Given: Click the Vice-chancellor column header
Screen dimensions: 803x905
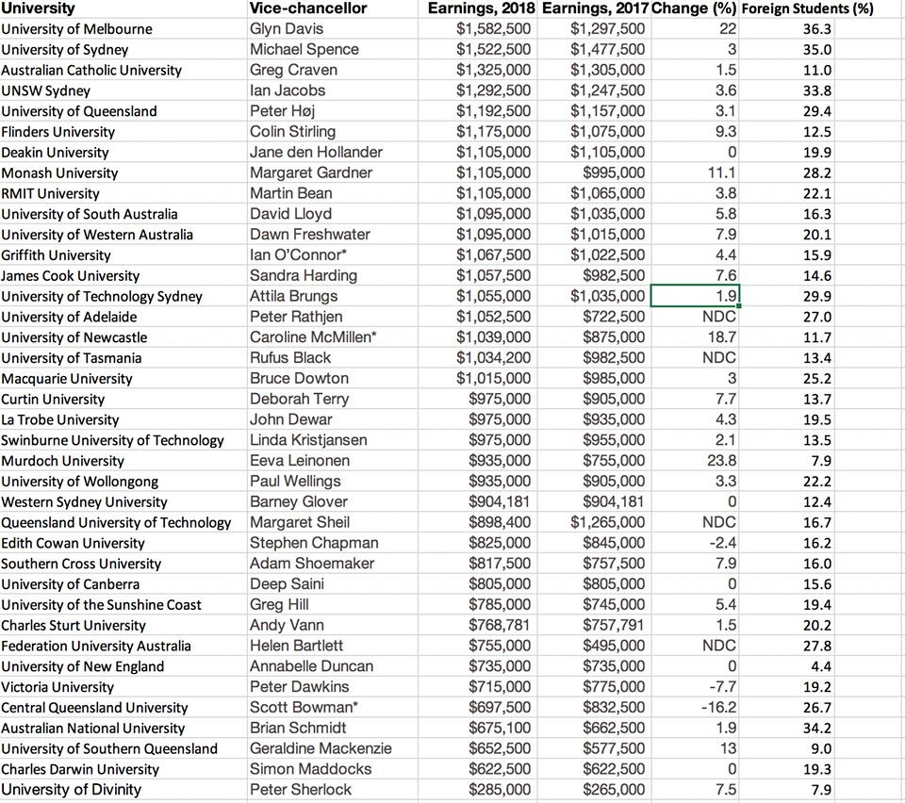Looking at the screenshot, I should (x=308, y=8).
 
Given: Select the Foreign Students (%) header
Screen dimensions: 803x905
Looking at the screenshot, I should (x=808, y=9).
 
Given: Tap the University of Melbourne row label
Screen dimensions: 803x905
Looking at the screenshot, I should (x=76, y=29).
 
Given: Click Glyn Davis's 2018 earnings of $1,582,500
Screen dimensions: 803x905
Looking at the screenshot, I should (x=493, y=29).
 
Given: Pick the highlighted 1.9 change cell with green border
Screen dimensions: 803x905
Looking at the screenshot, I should (x=695, y=296).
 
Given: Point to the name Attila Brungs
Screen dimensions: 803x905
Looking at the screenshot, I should (x=293, y=296).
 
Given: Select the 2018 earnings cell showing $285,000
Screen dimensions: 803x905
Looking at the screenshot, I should (x=500, y=789).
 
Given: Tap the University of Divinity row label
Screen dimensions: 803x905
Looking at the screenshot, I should (x=71, y=789).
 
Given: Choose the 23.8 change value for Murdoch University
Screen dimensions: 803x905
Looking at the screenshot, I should (x=721, y=461).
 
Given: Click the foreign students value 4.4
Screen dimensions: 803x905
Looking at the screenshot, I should (x=821, y=666).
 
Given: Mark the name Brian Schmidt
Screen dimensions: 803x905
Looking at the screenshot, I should (x=298, y=728).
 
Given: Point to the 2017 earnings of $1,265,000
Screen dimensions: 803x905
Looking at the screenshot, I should (x=607, y=522).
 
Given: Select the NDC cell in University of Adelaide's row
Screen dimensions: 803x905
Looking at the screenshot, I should (x=719, y=317).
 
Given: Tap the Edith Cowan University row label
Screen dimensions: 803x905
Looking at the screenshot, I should (x=73, y=543).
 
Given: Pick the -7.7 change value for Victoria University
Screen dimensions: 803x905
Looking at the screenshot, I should (x=721, y=687).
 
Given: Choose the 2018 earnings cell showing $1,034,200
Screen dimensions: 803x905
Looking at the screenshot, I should (x=493, y=358).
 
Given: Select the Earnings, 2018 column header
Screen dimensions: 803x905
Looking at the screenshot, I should (x=481, y=8).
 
